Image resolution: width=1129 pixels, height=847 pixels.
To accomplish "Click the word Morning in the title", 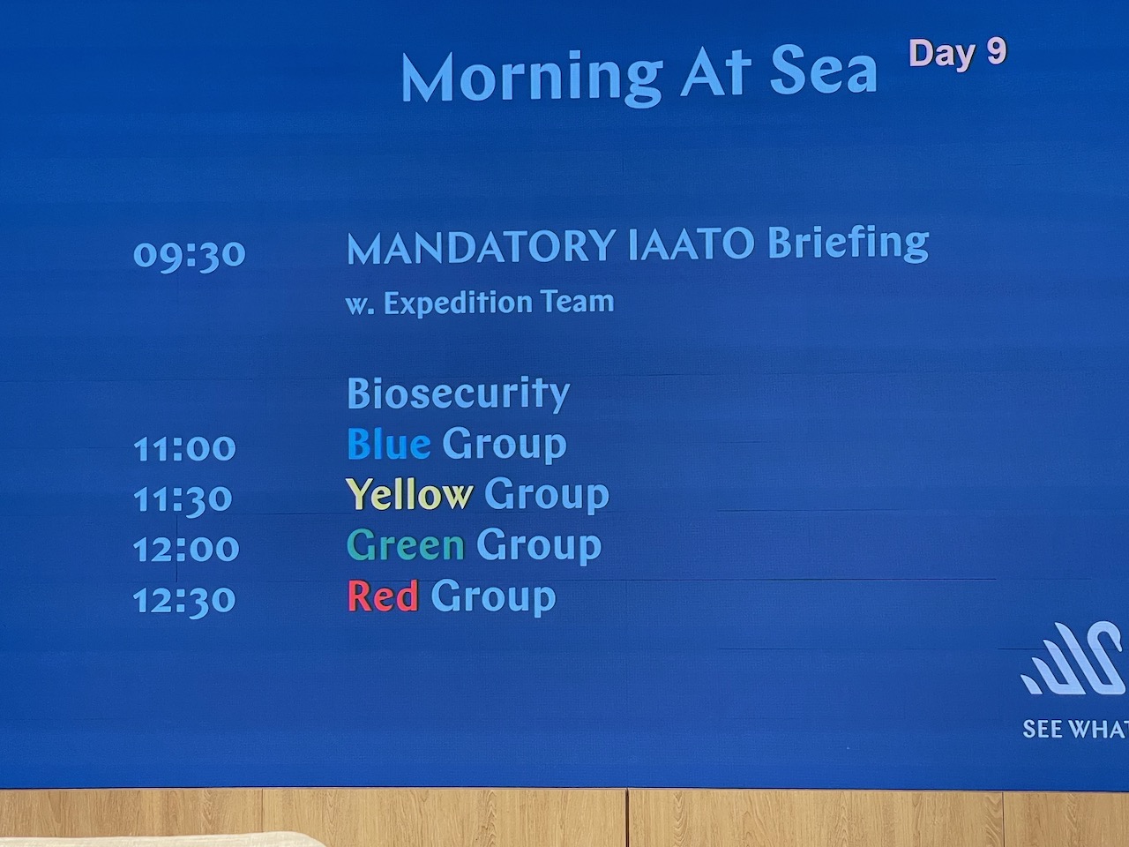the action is (531, 79).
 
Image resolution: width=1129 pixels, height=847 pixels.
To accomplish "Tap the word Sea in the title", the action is (823, 72).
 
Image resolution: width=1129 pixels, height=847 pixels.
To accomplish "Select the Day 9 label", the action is (958, 54).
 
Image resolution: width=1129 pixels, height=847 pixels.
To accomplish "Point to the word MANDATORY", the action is (481, 247).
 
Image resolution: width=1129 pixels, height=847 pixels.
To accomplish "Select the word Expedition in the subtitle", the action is (458, 303).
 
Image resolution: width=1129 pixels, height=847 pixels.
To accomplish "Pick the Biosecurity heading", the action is (459, 394).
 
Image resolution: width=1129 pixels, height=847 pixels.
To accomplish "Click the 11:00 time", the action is (184, 448).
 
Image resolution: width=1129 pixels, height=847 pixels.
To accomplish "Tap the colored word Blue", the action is (389, 444).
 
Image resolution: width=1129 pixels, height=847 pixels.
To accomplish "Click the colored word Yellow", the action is (409, 494).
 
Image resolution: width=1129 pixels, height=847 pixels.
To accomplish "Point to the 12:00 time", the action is (186, 549).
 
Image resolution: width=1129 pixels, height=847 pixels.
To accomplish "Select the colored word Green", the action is (406, 545).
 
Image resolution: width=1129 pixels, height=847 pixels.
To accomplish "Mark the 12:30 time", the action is (184, 601).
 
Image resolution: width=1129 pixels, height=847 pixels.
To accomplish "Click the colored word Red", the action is (383, 596).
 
